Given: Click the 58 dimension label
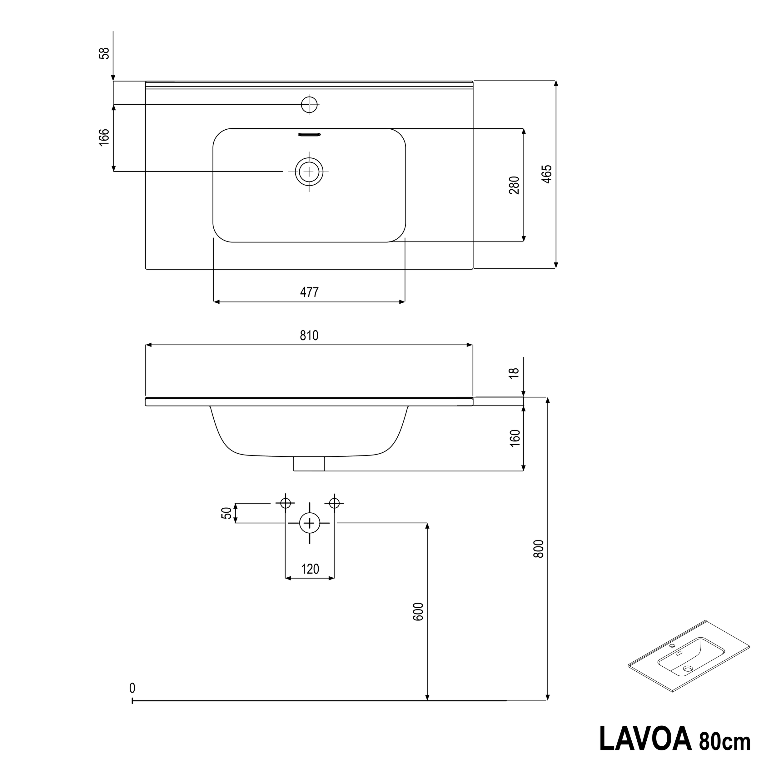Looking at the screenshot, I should [x=104, y=53].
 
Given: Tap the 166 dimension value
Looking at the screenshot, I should [x=104, y=137].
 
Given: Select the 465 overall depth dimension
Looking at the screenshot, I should [x=546, y=174].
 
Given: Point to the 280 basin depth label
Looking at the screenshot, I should [x=514, y=185].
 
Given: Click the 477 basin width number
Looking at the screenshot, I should [x=309, y=292].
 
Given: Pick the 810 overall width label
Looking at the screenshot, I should [x=309, y=336].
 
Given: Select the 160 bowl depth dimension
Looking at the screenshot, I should [x=515, y=438].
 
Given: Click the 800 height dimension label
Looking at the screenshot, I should [x=539, y=549].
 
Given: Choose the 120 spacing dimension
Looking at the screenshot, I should [x=310, y=569].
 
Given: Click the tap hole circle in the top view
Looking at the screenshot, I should [x=310, y=105].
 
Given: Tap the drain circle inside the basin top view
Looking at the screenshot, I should [x=309, y=172].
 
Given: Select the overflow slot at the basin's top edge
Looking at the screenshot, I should [x=309, y=134].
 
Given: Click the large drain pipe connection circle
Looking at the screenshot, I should [x=310, y=523].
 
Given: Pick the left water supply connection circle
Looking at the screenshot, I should [x=286, y=503].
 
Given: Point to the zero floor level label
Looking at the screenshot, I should [x=132, y=688].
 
